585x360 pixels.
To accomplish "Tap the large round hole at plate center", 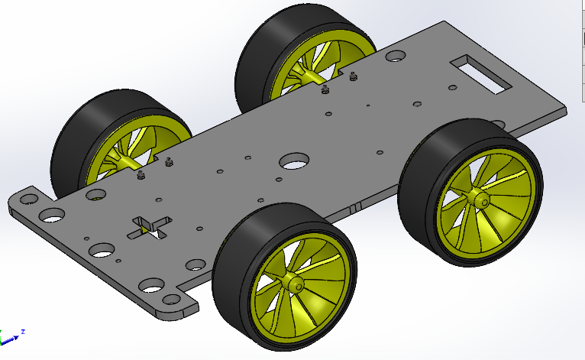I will tap(293, 161).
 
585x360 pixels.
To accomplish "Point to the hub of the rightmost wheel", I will tap(481, 200).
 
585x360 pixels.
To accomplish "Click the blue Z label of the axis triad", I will tap(24, 331).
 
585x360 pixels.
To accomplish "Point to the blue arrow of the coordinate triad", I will tap(12, 336).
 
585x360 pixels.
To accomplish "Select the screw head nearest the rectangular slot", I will tap(352, 76).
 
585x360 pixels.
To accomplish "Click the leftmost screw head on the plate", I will tap(141, 175).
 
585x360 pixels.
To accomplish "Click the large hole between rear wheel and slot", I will tap(396, 57).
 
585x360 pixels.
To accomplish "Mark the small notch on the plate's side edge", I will tap(354, 207).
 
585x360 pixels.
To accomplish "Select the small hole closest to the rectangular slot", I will tap(448, 89).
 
